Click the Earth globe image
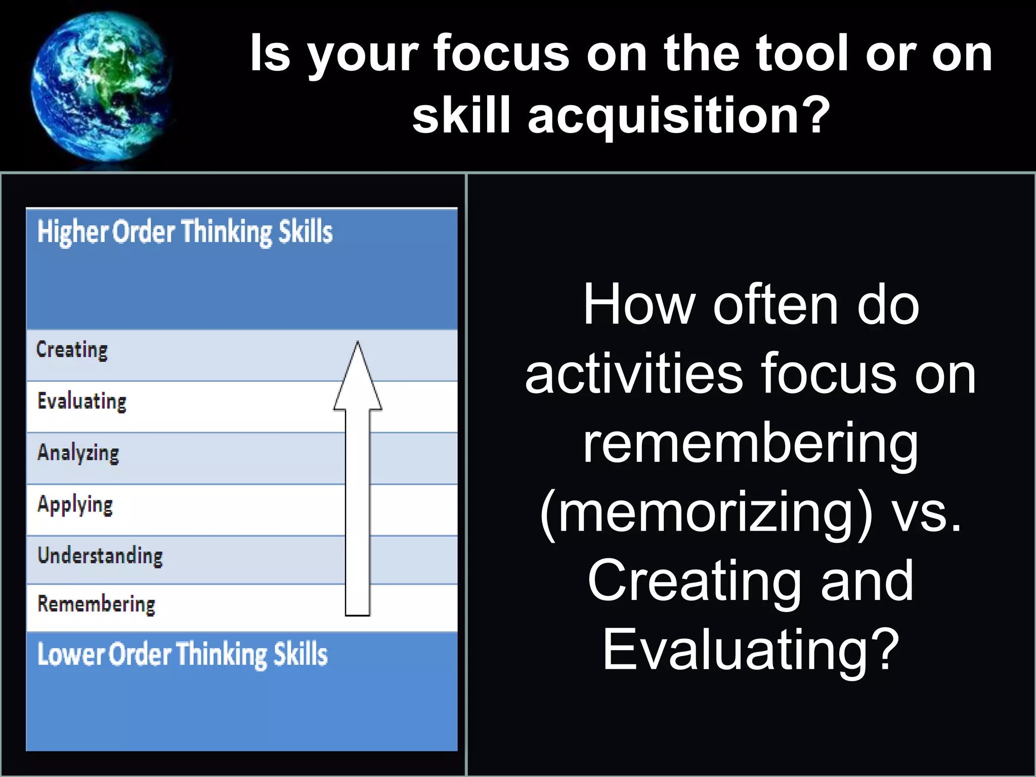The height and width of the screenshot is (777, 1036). click(101, 86)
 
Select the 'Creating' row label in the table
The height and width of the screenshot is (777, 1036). click(72, 350)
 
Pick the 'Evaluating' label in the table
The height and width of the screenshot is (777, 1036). click(82, 402)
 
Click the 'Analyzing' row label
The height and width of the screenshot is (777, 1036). click(78, 453)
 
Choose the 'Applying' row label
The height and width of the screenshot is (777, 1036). click(75, 505)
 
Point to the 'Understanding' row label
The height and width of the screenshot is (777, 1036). click(100, 555)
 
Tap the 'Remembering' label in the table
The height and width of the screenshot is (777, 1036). click(96, 605)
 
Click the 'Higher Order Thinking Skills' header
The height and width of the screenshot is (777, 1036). click(185, 232)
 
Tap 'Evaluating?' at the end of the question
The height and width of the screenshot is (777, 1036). click(751, 650)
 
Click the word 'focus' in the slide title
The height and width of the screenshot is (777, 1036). click(501, 53)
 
